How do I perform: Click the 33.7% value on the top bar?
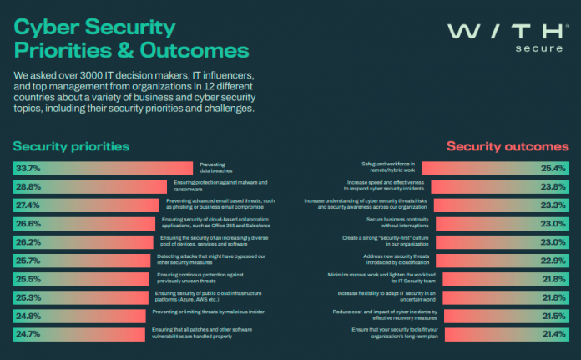(29, 168)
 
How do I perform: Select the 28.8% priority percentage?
(29, 186)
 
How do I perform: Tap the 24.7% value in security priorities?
(29, 333)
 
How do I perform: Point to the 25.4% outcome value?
(553, 168)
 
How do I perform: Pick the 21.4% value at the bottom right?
(553, 333)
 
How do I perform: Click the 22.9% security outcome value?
(553, 260)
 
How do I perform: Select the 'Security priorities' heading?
(71, 146)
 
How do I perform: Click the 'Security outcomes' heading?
(508, 146)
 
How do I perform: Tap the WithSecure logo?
(503, 38)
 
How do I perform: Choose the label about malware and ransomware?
(220, 186)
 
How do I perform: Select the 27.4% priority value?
(29, 205)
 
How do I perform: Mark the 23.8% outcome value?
(553, 186)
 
